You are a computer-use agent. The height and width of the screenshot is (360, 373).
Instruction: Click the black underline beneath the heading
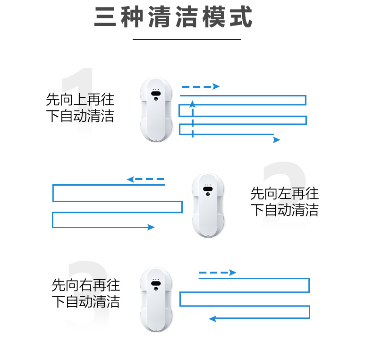tap(186, 39)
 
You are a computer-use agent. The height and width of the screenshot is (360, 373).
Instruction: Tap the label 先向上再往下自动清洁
tap(80, 108)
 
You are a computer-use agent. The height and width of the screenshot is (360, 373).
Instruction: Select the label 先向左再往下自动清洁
tap(284, 202)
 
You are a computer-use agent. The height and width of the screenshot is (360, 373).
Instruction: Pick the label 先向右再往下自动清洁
tap(86, 293)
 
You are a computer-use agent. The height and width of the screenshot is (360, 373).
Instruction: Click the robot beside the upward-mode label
tap(156, 110)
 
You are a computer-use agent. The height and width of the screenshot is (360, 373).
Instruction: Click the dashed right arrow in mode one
tap(201, 86)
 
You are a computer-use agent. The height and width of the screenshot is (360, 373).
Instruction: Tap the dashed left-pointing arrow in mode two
tap(145, 180)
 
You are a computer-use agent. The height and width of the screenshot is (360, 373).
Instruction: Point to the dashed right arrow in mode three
tap(217, 273)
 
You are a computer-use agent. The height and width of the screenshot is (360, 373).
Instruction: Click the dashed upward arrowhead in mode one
tap(193, 103)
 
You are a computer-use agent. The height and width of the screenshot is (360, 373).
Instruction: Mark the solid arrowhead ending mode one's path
tap(277, 140)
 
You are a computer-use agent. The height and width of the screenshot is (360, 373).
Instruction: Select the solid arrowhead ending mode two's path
tap(151, 227)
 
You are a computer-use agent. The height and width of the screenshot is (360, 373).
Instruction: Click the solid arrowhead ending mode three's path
tap(212, 319)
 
